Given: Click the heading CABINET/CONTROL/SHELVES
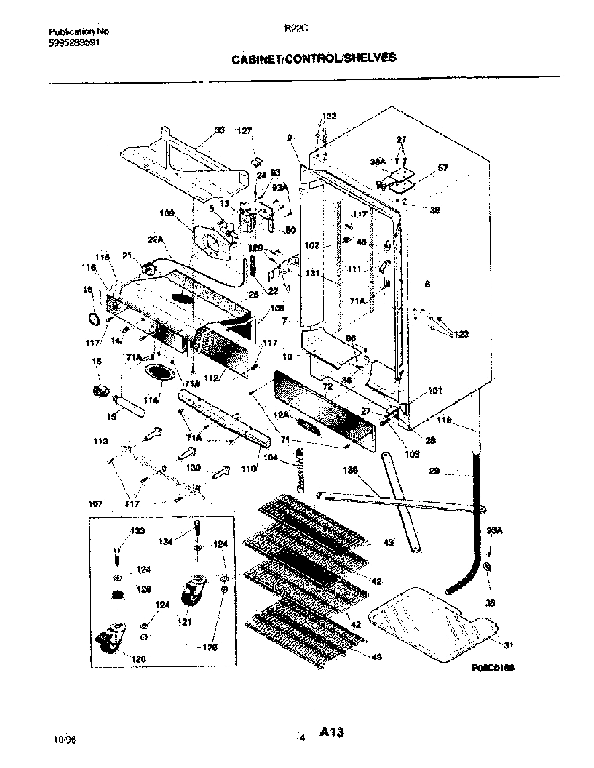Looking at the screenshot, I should click(x=313, y=58).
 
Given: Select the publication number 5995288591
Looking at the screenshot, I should click(x=74, y=43).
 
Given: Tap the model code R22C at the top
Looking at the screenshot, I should click(x=296, y=30).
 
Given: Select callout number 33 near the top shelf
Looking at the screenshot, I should click(x=219, y=131).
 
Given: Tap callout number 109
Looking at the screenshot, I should click(x=167, y=213).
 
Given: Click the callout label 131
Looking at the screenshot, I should click(x=312, y=273).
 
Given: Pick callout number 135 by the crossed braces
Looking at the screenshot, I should click(x=351, y=470).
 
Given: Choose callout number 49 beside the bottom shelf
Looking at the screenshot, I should click(x=377, y=657).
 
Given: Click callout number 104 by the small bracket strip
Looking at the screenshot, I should click(x=270, y=458).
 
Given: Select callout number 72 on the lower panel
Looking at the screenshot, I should click(x=328, y=387).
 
